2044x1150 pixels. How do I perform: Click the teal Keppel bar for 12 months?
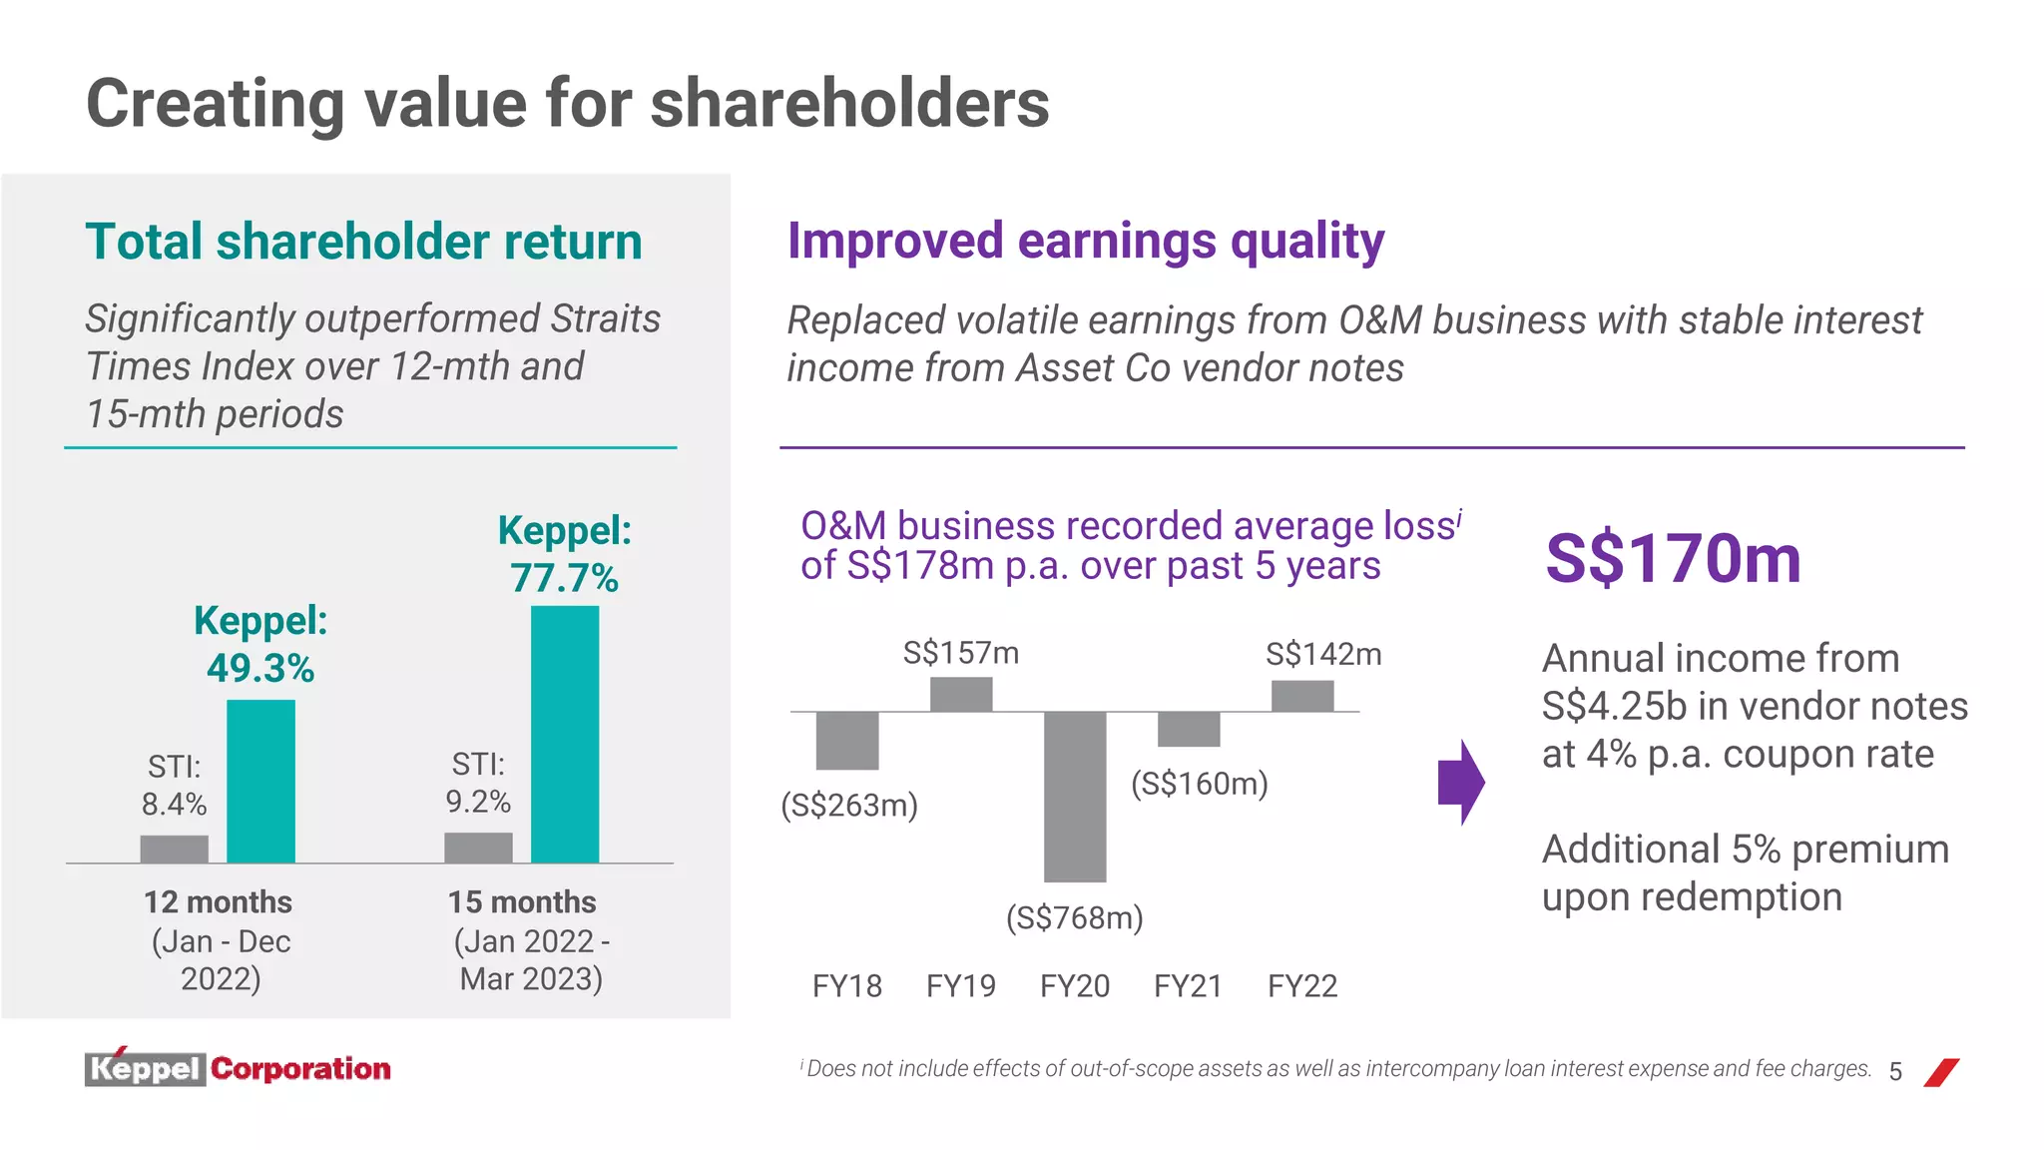tap(260, 781)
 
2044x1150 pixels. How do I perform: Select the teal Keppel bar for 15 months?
tap(565, 734)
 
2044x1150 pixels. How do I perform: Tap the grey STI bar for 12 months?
tap(175, 849)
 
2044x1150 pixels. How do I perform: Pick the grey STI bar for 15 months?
tap(478, 848)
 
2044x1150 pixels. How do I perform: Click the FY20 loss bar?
tap(1075, 796)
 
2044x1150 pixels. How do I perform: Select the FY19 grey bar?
tap(961, 694)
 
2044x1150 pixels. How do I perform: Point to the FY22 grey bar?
tap(1302, 696)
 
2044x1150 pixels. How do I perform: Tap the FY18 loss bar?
tap(847, 740)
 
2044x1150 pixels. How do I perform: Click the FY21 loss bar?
tap(1189, 729)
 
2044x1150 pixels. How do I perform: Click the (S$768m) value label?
tap(1075, 917)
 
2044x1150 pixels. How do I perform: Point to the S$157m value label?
tap(961, 653)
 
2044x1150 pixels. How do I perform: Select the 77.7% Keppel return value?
tap(565, 578)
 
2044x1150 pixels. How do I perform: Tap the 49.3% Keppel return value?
tap(260, 668)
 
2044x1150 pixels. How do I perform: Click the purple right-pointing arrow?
tap(1461, 782)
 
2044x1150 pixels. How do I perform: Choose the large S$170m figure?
tap(1674, 558)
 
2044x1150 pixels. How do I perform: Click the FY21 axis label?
tap(1189, 986)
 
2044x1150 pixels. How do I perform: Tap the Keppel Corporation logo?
tap(238, 1068)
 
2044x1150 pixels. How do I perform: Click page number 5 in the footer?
tap(1895, 1072)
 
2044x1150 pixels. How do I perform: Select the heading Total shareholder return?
tap(364, 242)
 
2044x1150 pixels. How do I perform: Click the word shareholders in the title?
tap(849, 103)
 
